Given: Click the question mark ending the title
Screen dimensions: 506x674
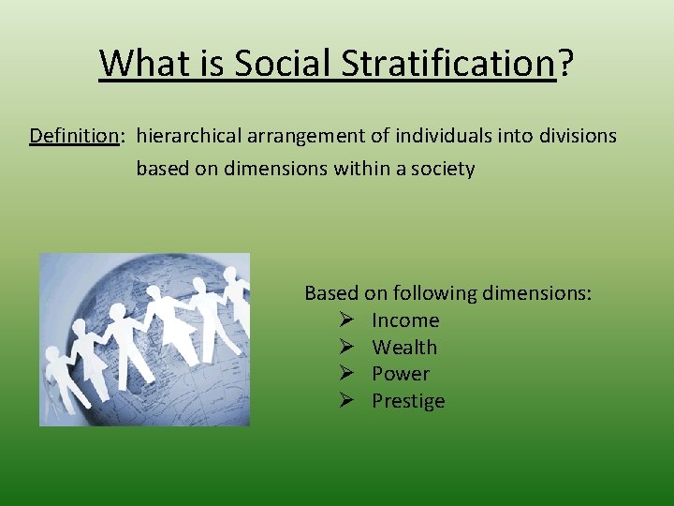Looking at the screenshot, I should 565,64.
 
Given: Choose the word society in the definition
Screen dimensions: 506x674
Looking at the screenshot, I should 443,170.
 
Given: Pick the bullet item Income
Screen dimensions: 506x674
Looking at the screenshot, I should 405,320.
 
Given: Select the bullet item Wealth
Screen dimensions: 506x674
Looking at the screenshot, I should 404,348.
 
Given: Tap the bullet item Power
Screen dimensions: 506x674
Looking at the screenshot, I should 401,374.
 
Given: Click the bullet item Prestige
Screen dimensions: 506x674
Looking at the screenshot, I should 408,401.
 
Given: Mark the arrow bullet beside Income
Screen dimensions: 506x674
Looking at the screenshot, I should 344,320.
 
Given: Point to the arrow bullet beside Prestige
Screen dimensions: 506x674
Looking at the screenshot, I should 344,401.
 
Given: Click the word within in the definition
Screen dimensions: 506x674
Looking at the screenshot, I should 361,170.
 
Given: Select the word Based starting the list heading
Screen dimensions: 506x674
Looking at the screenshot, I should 331,293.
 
